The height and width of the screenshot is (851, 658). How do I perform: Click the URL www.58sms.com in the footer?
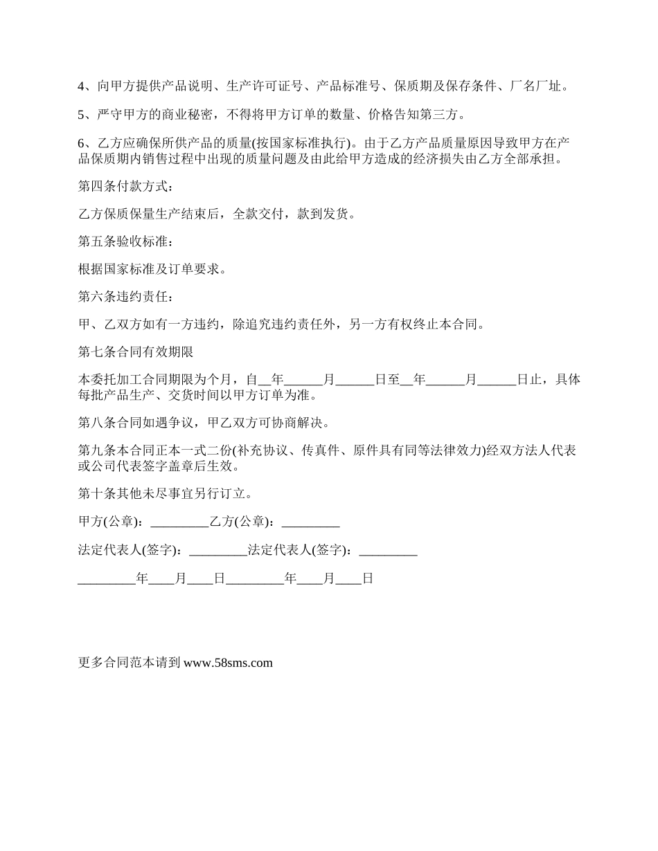click(228, 663)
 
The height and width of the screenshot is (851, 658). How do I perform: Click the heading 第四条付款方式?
click(122, 187)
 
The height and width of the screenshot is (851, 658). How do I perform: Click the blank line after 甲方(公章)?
click(179, 522)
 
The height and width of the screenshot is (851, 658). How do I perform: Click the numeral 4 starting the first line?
click(81, 87)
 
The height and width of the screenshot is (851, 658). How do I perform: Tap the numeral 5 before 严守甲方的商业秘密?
click(81, 115)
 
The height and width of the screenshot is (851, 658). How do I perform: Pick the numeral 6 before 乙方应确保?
click(81, 143)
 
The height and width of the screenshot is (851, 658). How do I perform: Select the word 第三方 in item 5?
click(438, 115)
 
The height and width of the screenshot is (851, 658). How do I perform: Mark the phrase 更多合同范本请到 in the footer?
click(130, 663)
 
